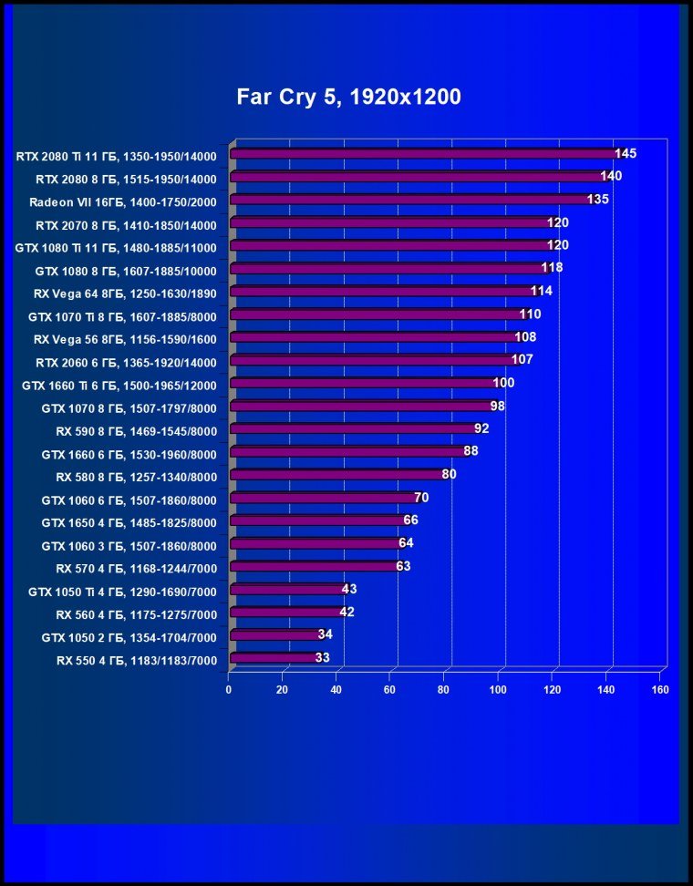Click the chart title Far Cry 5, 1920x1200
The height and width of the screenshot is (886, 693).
pos(349,97)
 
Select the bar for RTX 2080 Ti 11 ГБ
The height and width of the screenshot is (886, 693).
pos(424,154)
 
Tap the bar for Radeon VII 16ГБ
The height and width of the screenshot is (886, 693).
pos(410,200)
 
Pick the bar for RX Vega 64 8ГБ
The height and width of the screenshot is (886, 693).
pos(383,292)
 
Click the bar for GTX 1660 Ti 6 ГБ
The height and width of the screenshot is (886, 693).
pos(364,384)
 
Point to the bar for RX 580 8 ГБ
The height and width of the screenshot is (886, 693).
pos(337,475)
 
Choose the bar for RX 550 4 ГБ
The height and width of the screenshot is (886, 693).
pos(274,658)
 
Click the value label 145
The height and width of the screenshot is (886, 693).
pos(626,153)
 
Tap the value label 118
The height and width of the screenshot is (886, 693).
pos(552,268)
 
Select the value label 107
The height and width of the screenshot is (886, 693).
pos(522,360)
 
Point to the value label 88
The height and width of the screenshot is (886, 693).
pos(471,451)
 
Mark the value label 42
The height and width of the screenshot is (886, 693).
pos(346,612)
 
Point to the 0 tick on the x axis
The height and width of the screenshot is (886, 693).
pos(229,690)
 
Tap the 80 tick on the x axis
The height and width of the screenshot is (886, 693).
pos(445,690)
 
